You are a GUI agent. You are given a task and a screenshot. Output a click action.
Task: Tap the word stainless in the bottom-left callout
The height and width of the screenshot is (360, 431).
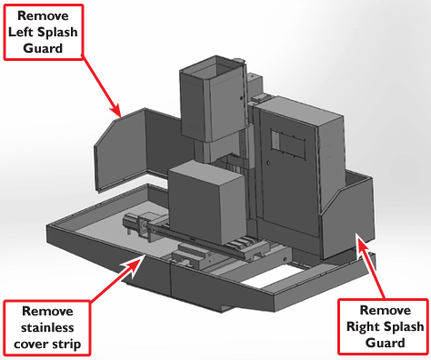[47, 327]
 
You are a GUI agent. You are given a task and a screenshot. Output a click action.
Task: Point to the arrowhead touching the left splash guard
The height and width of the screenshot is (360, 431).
[116, 110]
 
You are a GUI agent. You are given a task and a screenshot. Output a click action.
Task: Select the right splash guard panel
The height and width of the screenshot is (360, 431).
[348, 216]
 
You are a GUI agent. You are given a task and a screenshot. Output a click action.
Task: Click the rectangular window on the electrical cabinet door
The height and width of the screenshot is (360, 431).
[287, 144]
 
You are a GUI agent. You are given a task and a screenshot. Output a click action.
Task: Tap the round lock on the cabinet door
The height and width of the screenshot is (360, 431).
[268, 163]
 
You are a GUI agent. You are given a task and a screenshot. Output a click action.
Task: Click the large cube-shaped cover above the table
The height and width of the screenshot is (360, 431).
[207, 202]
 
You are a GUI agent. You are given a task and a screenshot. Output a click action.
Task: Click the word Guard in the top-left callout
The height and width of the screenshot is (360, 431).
[43, 48]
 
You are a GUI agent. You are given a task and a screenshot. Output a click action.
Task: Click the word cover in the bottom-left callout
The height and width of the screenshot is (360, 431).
[33, 345]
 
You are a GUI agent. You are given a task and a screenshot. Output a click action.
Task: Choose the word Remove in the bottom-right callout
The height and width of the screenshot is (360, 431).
[386, 311]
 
